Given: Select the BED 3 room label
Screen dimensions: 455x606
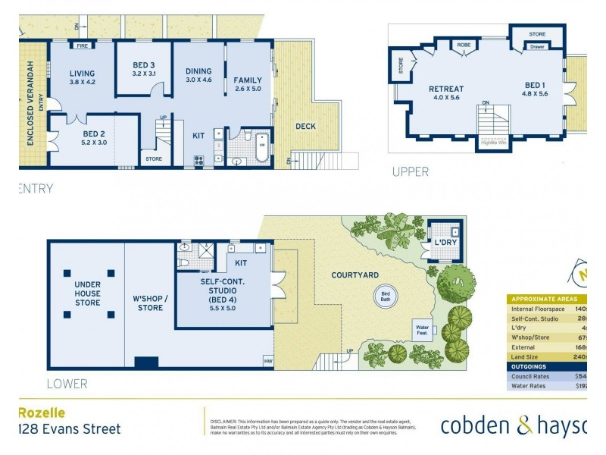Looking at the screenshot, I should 143,69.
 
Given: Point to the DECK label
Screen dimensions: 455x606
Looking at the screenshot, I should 305,127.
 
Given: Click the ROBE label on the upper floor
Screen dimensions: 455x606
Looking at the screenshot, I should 463,46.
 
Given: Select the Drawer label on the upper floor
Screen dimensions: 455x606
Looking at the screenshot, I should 537,47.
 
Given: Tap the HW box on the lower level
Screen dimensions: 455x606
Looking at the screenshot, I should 268,362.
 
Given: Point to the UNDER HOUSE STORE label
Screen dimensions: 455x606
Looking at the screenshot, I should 87,293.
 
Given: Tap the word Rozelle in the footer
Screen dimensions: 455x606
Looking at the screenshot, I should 42,413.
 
